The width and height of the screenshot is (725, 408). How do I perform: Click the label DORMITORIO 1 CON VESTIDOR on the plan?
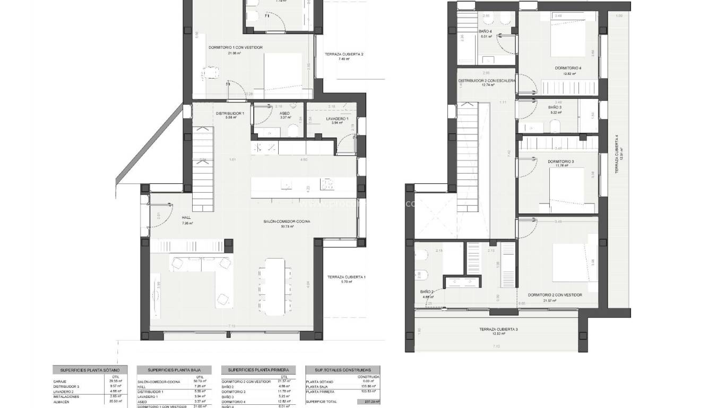tap(236, 47)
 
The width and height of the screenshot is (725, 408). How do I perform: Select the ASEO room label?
tap(284, 113)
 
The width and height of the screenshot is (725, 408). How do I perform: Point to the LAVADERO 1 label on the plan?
tap(336, 118)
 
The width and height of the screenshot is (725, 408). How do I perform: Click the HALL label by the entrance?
tap(186, 217)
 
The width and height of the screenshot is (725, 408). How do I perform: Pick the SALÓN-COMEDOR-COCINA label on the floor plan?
tap(287, 222)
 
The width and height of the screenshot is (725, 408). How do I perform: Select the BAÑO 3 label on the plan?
tap(555, 107)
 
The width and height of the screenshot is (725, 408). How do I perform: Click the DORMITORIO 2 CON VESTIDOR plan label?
tap(555, 295)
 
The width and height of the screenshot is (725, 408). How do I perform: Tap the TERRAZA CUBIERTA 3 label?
tap(498, 329)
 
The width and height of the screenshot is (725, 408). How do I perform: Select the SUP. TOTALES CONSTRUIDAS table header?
tap(342, 370)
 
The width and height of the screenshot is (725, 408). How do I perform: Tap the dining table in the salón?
tap(274, 285)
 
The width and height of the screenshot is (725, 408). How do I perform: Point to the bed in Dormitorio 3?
tap(569, 191)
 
